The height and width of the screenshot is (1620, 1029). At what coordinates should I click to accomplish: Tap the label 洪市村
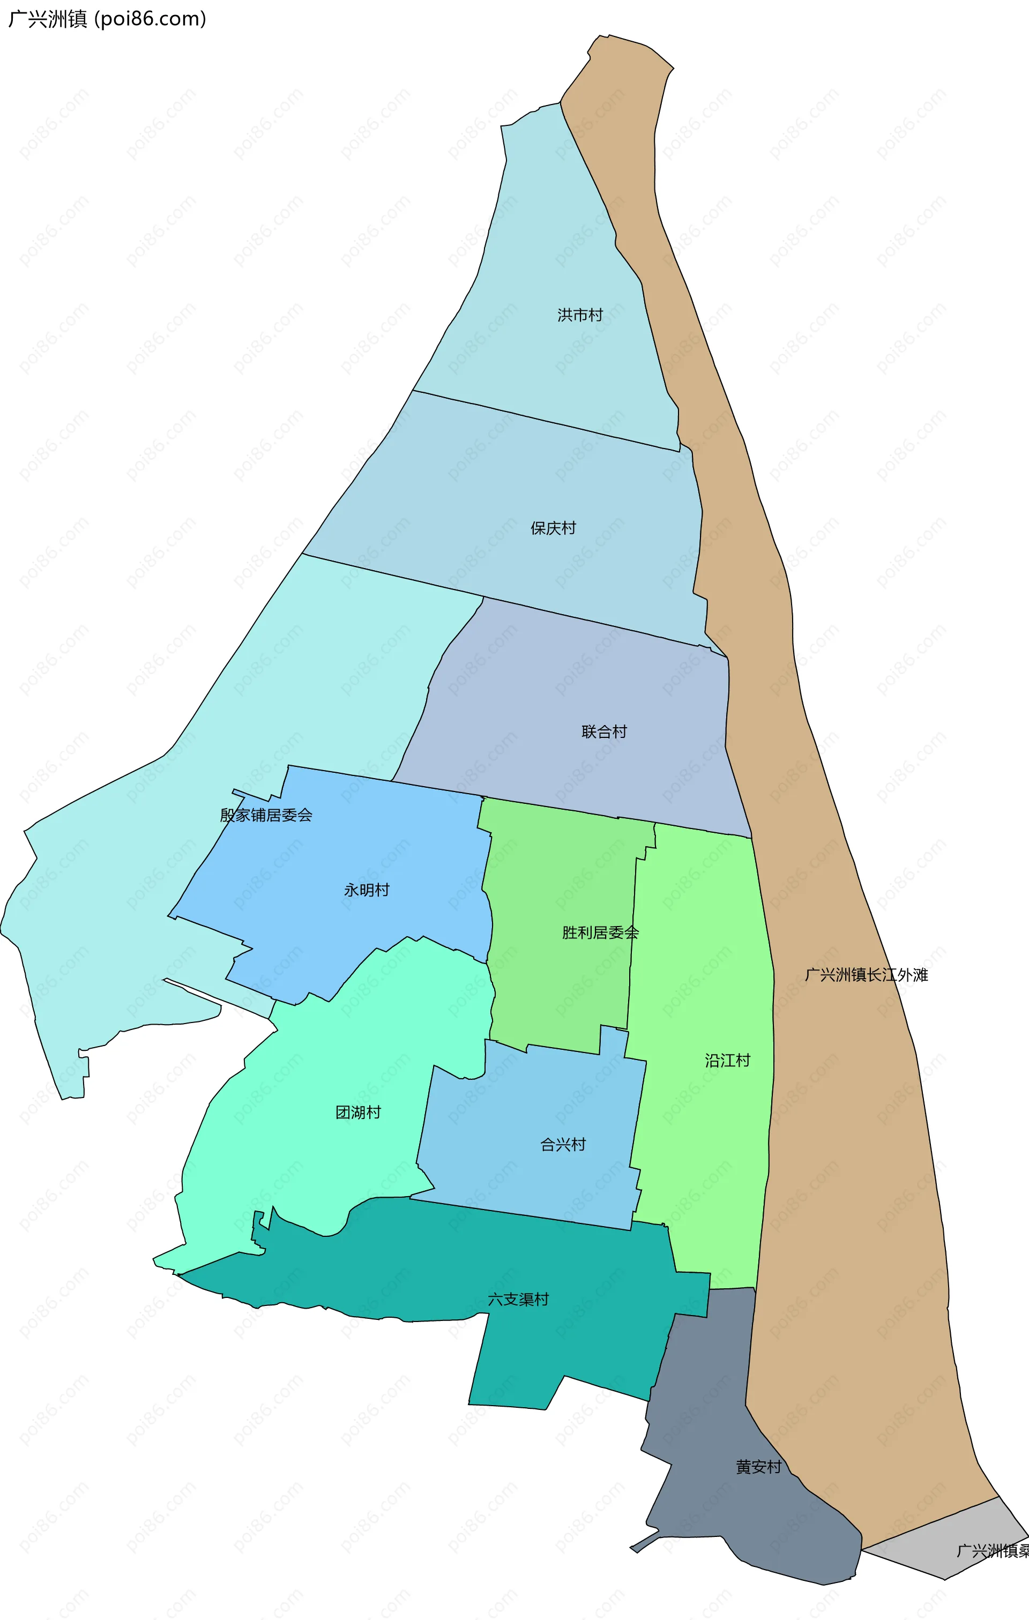coord(579,315)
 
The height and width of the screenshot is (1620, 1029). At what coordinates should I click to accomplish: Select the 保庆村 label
coord(553,528)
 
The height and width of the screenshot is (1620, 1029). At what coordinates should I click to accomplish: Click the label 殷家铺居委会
coord(266,816)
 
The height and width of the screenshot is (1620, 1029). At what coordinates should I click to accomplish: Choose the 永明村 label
coord(366,890)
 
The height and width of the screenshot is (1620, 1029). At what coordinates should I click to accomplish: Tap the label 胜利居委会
coord(600,932)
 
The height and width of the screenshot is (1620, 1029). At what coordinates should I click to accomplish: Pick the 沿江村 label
coord(727,1061)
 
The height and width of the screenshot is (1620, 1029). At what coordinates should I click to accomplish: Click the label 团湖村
coord(358,1112)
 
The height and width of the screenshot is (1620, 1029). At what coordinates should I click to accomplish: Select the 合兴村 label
coord(563,1144)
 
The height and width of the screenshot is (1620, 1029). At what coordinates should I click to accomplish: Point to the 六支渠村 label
coord(518,1299)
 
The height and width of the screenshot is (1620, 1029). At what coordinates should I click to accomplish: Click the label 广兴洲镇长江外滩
coord(866,975)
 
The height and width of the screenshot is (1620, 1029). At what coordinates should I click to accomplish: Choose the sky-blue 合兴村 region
coord(525,1103)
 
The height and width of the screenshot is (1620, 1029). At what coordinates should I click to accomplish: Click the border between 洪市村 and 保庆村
coord(545,421)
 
